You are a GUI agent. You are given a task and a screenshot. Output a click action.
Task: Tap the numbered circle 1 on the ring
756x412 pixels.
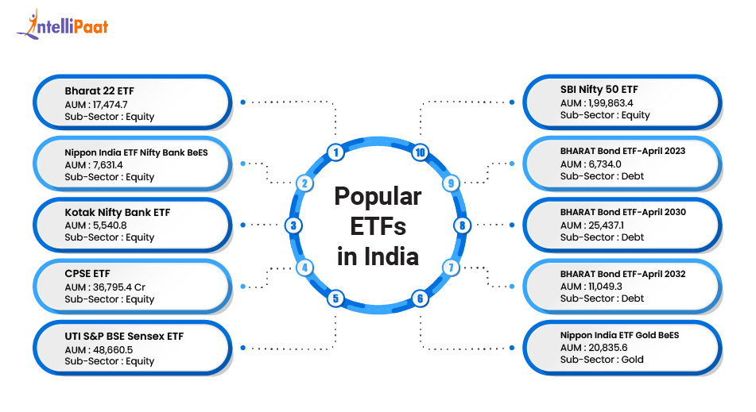(336, 152)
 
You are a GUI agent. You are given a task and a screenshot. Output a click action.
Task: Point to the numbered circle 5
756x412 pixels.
(336, 298)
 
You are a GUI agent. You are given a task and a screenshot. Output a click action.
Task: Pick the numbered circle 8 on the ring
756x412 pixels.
(461, 225)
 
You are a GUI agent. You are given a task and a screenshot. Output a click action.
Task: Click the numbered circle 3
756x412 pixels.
(293, 225)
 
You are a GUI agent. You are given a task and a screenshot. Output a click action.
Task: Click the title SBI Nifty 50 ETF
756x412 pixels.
(599, 89)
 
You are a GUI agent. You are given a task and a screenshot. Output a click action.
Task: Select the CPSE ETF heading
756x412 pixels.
(87, 274)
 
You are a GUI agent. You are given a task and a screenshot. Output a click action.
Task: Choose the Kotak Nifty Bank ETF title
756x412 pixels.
(117, 212)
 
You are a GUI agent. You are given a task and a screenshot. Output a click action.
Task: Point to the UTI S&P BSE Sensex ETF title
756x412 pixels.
(124, 336)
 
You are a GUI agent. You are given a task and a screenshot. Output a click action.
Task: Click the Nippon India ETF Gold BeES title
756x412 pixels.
(619, 334)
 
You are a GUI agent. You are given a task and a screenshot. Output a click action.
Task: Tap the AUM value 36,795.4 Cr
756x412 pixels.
(116, 287)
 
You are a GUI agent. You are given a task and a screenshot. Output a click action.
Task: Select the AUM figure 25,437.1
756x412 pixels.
(602, 225)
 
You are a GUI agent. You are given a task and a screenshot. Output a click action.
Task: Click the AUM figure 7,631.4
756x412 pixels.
(110, 164)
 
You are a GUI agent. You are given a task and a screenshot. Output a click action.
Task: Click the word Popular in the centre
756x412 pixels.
(378, 196)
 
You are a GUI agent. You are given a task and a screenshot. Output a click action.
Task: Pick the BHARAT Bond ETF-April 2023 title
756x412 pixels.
(622, 150)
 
